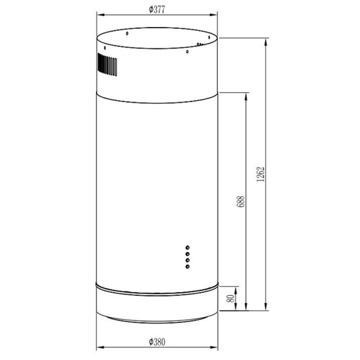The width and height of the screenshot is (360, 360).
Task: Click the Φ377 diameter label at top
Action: (x=157, y=10)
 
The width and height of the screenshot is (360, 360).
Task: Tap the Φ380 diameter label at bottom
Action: (x=157, y=342)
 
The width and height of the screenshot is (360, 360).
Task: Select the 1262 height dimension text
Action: (x=261, y=174)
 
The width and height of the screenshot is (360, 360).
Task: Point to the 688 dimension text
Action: (x=241, y=202)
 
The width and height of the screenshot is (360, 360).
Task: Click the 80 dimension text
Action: (x=231, y=298)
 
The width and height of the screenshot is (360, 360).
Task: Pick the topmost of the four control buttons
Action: (x=188, y=247)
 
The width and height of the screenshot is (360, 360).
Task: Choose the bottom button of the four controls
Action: (x=188, y=266)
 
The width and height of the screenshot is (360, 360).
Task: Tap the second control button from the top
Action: (x=188, y=254)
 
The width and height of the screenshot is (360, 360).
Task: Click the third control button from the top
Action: (x=188, y=260)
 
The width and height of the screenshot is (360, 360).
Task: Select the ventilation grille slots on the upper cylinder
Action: (x=107, y=64)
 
